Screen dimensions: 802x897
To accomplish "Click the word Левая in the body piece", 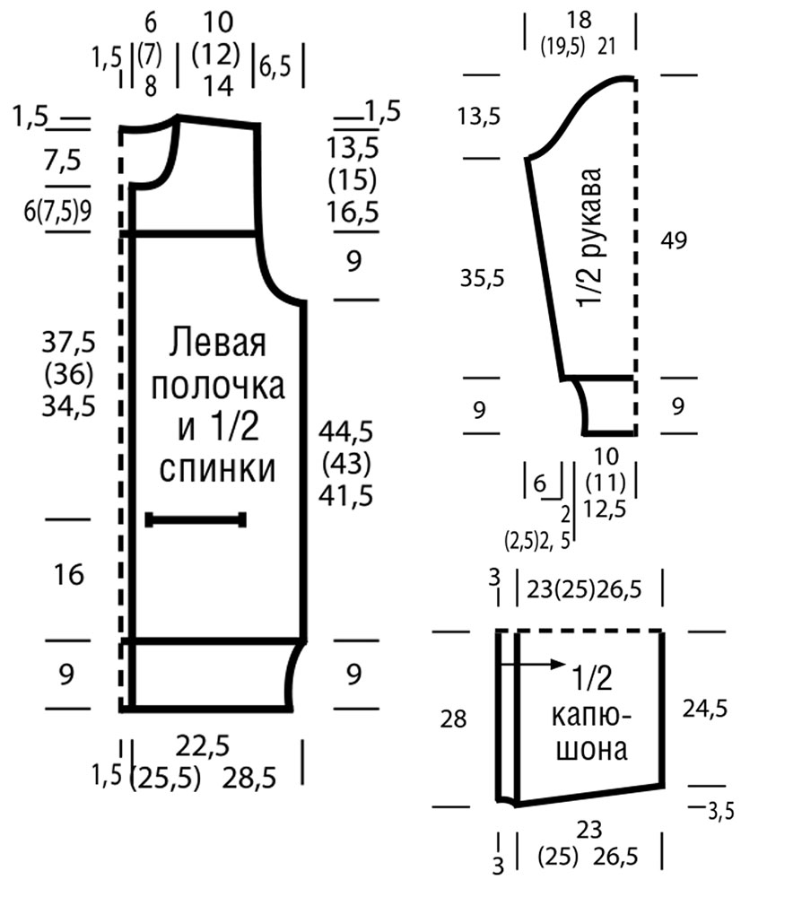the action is tap(217, 343).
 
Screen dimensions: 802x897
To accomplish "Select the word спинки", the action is tap(217, 468).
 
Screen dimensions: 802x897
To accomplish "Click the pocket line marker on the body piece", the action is tap(196, 519).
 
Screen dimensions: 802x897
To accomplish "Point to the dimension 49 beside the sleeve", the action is tap(674, 240).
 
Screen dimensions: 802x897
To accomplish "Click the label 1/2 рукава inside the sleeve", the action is tap(589, 238).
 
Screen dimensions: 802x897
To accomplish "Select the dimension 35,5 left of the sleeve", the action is tap(483, 279).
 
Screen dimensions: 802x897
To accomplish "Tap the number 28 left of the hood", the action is tap(453, 718).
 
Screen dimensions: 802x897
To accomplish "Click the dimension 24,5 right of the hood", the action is tap(704, 709).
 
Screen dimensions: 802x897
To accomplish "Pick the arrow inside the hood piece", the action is tap(532, 664).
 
